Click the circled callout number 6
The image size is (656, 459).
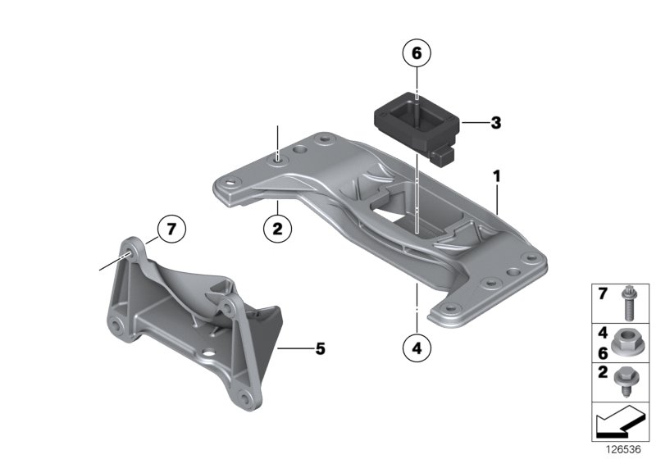[x=416, y=54]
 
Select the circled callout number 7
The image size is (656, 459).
[x=171, y=229]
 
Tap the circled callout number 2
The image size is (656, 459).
[x=277, y=229]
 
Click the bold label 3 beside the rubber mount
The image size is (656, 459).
[x=494, y=124]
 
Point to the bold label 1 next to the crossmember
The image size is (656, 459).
[x=496, y=175]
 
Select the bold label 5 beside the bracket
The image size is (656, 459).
[x=320, y=349]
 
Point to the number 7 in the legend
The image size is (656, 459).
[x=602, y=293]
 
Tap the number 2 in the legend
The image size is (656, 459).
[x=602, y=373]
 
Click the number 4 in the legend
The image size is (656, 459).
[x=602, y=334]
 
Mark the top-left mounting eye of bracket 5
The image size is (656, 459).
[x=129, y=247]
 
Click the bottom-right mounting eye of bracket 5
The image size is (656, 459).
[x=245, y=400]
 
